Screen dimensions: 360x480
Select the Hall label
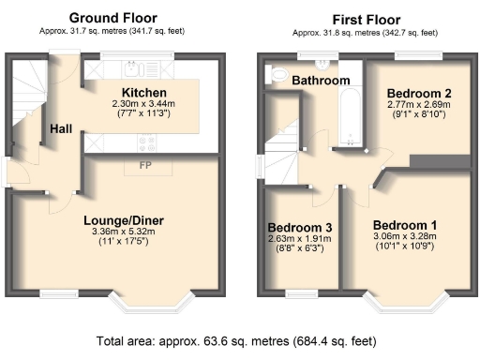pyautogui.click(x=62, y=128)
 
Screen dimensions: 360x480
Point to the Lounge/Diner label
pyautogui.click(x=119, y=220)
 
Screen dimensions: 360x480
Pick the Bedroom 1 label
pyautogui.click(x=404, y=225)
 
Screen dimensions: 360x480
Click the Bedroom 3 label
pyautogui.click(x=299, y=228)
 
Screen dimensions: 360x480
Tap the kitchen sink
pyautogui.click(x=133, y=68)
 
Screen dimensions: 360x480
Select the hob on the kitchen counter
pyautogui.click(x=148, y=141)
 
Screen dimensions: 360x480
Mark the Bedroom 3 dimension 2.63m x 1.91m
pyautogui.click(x=299, y=240)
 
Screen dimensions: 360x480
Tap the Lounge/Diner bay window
pyautogui.click(x=149, y=302)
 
